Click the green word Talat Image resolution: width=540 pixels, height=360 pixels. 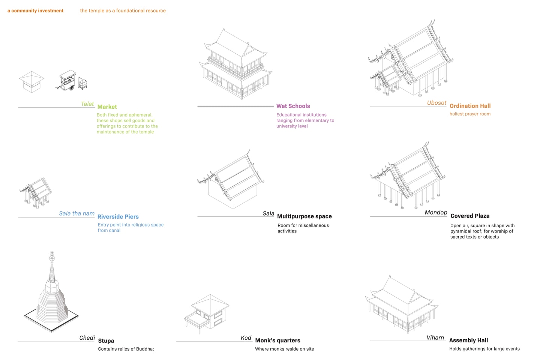coord(87,104)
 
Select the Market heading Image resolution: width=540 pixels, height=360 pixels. coord(107,107)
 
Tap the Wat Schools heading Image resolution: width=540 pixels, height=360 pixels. coord(293,106)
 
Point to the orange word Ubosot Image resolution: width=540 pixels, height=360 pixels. coord(436,103)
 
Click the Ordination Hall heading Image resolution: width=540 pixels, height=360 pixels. coord(470,106)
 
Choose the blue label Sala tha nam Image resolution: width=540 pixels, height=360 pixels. coord(76,213)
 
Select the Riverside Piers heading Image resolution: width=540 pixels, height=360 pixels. coord(118,217)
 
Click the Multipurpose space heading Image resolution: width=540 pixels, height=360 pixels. coord(304,216)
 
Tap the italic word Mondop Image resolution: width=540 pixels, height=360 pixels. coord(436,213)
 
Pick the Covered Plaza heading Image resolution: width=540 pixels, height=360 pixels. coord(469,216)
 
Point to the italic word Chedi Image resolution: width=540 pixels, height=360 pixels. coord(87,338)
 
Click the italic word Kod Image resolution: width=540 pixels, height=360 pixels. coord(246,338)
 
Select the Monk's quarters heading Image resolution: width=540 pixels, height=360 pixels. coord(277,340)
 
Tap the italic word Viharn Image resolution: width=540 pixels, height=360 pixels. coord(435,338)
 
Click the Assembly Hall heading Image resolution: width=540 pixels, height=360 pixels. coord(468,340)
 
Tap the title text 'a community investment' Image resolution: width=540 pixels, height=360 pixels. coord(36,11)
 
